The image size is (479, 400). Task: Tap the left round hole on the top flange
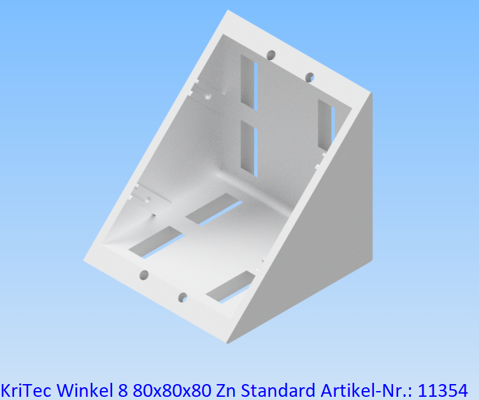tap(271, 55)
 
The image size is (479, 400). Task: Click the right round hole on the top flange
tap(310, 77)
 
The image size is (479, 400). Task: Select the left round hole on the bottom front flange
tap(144, 275)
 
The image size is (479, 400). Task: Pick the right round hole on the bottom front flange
tap(183, 297)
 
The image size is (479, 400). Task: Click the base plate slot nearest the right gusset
tap(230, 285)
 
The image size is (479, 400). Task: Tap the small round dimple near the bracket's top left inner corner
tap(209, 97)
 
